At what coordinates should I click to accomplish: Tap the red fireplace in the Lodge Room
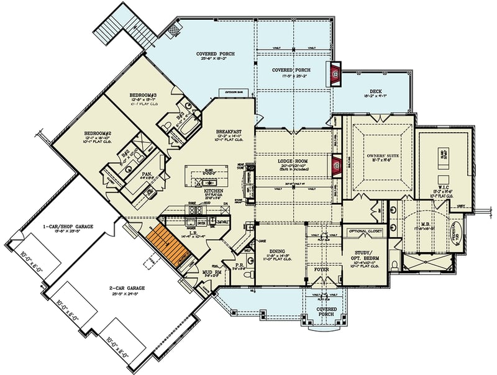pos(337,165)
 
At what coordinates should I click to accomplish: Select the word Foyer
pos(321,270)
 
